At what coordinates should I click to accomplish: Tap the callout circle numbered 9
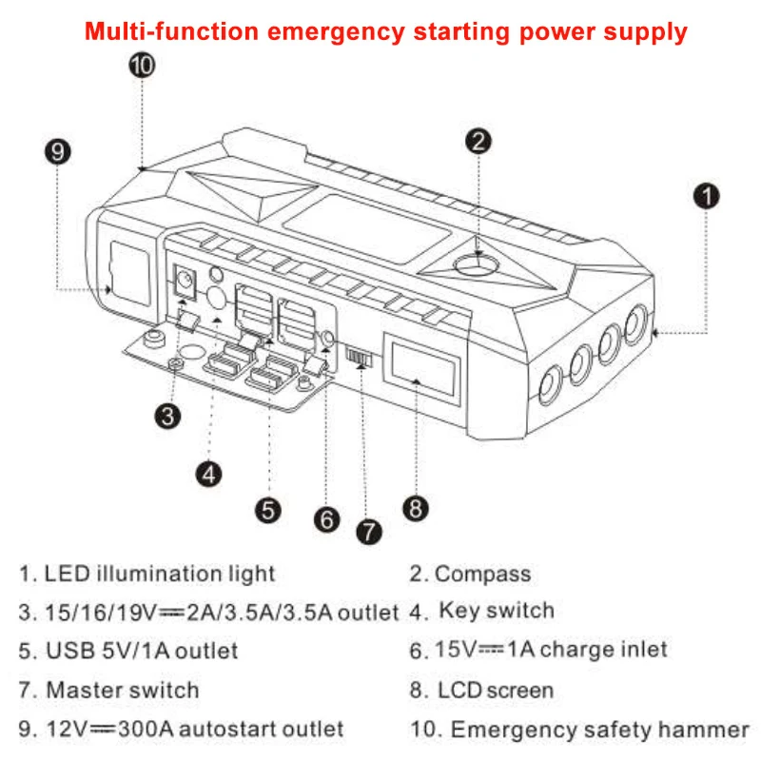point(59,151)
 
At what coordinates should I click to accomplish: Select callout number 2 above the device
point(480,141)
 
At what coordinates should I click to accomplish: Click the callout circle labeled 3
point(168,416)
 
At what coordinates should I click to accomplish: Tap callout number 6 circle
point(326,518)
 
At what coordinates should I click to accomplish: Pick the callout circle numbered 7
point(367,530)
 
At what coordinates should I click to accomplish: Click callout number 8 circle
point(416,508)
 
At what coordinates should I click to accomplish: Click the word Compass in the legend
point(482,574)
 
